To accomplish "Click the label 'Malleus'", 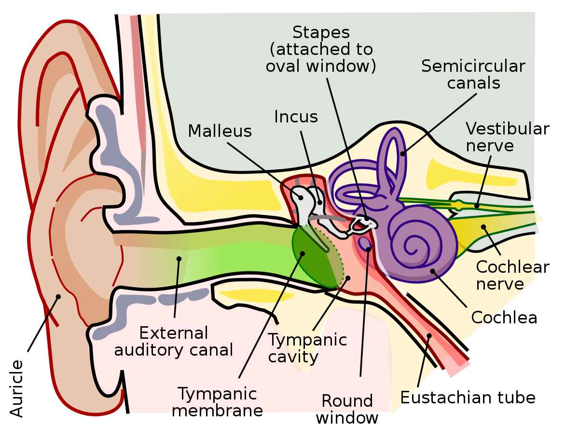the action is tap(220, 131).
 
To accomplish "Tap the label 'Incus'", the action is tap(296, 117).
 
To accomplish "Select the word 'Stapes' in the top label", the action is tap(321, 33).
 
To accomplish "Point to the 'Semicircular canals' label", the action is tap(473, 74).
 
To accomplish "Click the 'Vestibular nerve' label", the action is tap(507, 137).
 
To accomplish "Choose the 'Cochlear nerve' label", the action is tap(512, 275).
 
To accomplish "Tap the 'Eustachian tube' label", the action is tap(468, 398).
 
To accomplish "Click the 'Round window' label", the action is tap(347, 409).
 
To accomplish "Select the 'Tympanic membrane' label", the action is tap(217, 402).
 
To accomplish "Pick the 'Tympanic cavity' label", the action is tap(307, 348).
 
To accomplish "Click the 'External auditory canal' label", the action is tap(174, 341).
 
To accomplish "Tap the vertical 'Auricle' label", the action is tap(16, 388).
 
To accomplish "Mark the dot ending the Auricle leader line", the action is tap(58, 297).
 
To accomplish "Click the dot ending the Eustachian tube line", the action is tap(429, 336).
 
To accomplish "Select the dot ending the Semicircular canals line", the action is tap(403, 154).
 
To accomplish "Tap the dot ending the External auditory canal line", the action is tap(179, 259).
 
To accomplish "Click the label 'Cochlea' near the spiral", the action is tap(504, 318).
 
